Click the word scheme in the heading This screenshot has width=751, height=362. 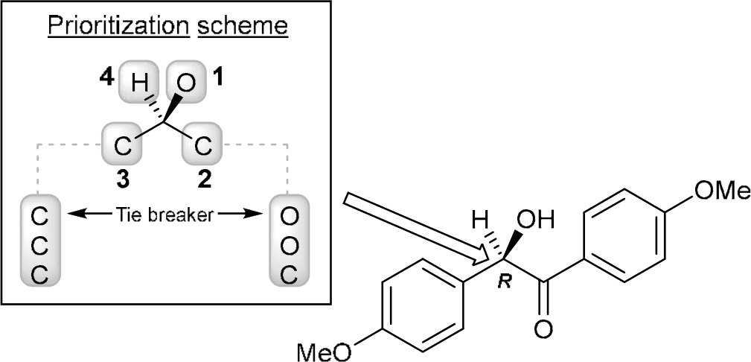pos(245,28)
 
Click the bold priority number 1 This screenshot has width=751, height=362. pos(217,78)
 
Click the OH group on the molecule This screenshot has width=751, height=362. pos(539,222)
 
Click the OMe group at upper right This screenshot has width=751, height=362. pos(719,190)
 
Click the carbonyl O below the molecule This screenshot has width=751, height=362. pos(544,327)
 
